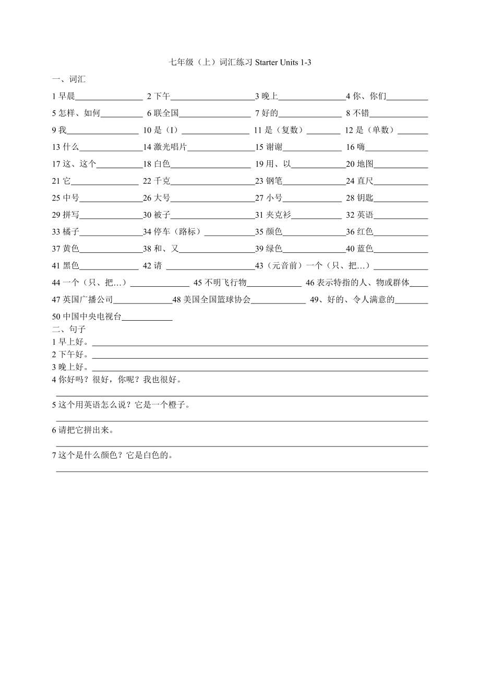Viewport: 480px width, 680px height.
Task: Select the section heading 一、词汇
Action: coord(69,79)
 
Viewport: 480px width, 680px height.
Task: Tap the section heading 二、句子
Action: coord(69,329)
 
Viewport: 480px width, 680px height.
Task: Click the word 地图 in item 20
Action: coord(365,164)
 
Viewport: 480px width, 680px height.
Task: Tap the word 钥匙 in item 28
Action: coord(365,198)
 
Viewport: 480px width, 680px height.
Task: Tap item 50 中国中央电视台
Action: coord(87,316)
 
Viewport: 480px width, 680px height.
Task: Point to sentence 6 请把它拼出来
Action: coord(83,430)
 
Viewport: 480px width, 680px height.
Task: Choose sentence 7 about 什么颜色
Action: coord(113,455)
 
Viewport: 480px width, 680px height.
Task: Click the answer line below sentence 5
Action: coord(242,421)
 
